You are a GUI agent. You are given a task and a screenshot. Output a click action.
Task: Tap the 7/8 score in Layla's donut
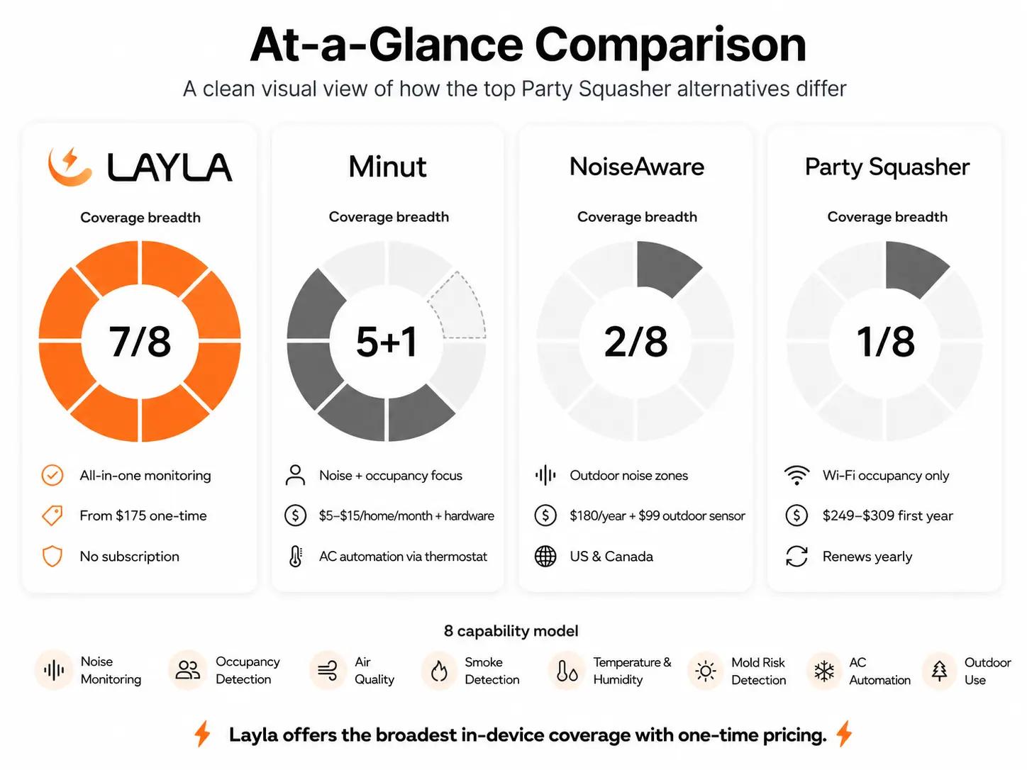point(140,342)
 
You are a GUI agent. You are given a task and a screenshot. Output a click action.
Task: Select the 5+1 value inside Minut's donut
point(387,342)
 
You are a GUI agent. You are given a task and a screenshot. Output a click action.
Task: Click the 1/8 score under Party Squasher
point(885,342)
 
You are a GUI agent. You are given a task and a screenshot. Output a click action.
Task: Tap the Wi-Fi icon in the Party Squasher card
point(796,476)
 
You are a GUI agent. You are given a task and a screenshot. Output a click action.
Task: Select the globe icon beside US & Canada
point(545,557)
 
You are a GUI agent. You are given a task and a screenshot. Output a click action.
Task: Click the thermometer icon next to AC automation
point(296,557)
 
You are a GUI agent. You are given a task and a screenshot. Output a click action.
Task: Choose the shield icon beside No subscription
point(52,557)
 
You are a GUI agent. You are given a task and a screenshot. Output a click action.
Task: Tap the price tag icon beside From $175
point(52,515)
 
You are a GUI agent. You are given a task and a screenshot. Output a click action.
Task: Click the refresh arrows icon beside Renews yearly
point(796,557)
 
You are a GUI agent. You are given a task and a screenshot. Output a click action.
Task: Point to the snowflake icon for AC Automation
point(824,671)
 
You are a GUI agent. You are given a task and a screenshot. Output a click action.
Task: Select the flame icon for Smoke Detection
point(439,671)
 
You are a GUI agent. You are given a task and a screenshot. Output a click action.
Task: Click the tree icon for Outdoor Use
point(940,671)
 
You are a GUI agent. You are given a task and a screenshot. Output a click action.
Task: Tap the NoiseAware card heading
point(637,167)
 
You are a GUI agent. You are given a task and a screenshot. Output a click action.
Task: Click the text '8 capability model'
point(511,631)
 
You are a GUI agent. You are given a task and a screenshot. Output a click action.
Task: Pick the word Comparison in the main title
point(670,45)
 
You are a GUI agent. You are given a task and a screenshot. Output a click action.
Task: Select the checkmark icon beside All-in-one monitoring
point(52,476)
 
